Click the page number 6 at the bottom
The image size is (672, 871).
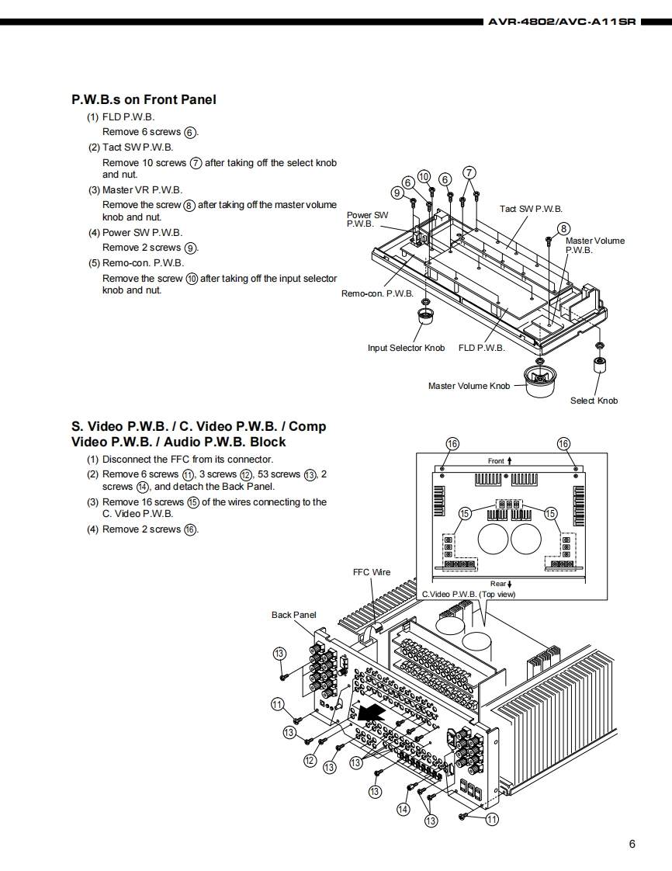tap(632, 845)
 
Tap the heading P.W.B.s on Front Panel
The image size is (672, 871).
tap(144, 99)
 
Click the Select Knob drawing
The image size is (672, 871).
tap(600, 366)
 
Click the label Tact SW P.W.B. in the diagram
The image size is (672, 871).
tap(531, 209)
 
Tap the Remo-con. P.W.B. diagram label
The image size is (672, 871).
tap(377, 293)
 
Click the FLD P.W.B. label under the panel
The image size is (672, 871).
tap(481, 348)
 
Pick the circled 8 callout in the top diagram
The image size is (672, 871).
tap(564, 228)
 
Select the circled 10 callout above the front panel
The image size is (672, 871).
tap(424, 176)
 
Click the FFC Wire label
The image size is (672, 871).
tap(372, 572)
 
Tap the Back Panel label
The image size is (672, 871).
tap(293, 615)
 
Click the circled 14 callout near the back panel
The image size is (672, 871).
tap(403, 809)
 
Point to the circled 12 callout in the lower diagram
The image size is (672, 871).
tap(310, 760)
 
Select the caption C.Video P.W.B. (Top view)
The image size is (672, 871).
tap(468, 594)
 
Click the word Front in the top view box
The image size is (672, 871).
tap(496, 461)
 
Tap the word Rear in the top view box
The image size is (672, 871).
tap(497, 584)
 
